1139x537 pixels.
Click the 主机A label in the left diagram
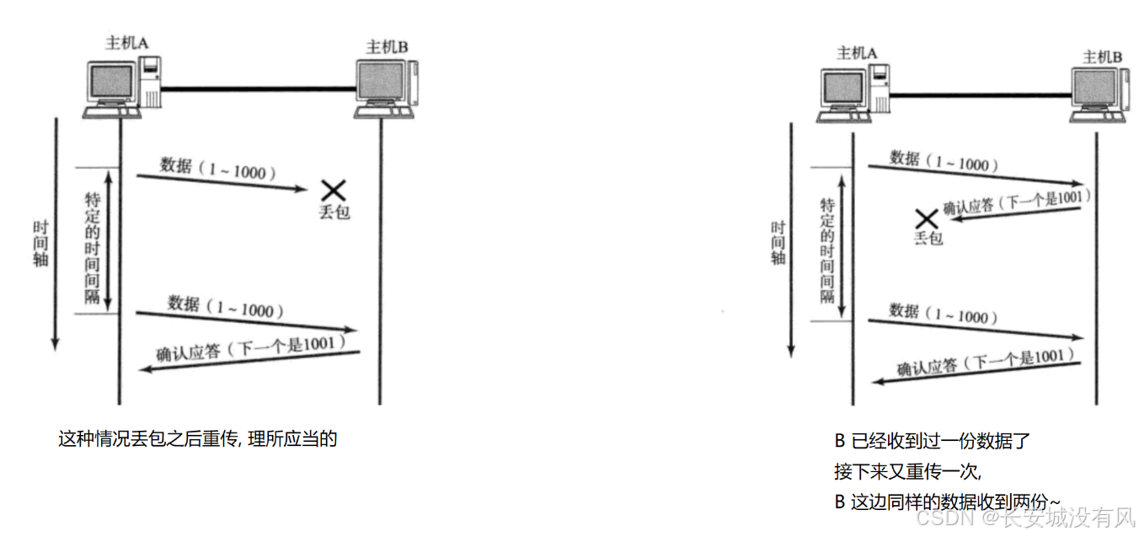click(123, 44)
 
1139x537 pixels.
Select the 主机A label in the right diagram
click(857, 53)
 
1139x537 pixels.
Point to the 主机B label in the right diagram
click(1102, 56)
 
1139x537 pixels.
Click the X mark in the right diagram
click(927, 219)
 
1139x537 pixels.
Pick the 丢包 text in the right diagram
click(928, 239)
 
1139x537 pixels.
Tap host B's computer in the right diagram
click(1099, 94)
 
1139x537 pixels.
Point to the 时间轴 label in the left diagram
click(40, 244)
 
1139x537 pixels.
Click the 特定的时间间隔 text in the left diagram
click(93, 240)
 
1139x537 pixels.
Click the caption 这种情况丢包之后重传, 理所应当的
click(197, 438)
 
